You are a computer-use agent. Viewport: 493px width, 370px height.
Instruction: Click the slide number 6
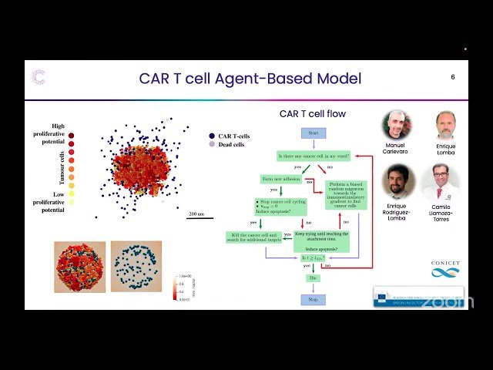tap(453, 77)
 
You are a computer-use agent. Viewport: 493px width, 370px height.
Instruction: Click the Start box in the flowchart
tap(313, 133)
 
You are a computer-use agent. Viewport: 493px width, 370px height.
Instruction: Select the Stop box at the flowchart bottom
tap(313, 298)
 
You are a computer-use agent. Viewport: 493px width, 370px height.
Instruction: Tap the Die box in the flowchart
tap(313, 277)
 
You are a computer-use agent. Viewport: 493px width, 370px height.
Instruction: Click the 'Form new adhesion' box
tap(278, 179)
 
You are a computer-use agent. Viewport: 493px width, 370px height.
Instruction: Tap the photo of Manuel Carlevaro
tap(397, 125)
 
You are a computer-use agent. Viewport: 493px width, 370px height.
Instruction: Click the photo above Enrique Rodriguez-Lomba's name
tap(397, 182)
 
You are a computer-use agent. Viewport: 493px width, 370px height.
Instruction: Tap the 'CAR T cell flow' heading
tap(312, 114)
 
